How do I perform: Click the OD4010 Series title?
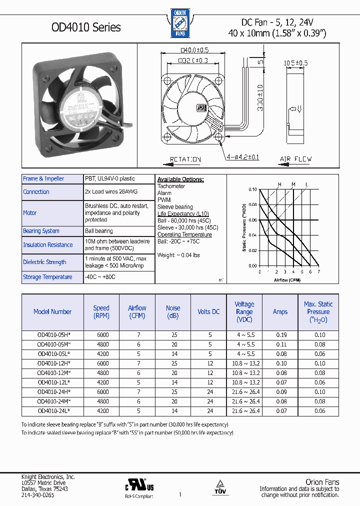pos(86,27)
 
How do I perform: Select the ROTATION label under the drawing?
pos(185,159)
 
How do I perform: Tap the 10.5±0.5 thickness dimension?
pos(296,63)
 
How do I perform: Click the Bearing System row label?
pos(41,231)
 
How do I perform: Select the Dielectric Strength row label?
pos(44,262)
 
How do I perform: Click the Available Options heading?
pos(180,179)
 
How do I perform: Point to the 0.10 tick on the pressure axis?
pos(252,189)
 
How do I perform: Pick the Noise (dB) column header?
pos(173,311)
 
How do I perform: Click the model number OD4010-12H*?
pos(53,363)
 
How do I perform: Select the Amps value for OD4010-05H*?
pos(280,335)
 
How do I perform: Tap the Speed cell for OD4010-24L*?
pos(101,411)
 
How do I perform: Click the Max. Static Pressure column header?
pos(318,311)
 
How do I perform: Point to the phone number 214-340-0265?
pos(37,494)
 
